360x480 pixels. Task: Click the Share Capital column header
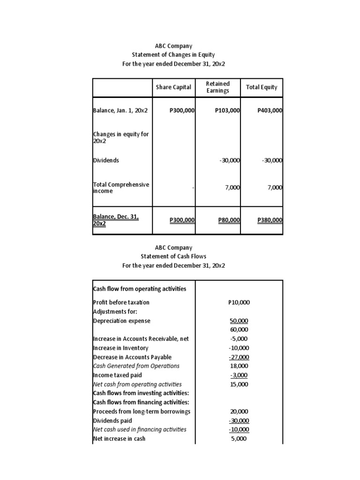pyautogui.click(x=173, y=87)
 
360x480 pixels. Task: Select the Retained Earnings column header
pyautogui.click(x=218, y=87)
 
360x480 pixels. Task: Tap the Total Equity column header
pyautogui.click(x=262, y=87)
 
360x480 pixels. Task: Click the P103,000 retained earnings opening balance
pyautogui.click(x=227, y=111)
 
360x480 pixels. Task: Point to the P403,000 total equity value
pyautogui.click(x=270, y=111)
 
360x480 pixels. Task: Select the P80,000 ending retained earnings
pyautogui.click(x=229, y=220)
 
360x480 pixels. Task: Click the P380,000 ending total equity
pyautogui.click(x=270, y=220)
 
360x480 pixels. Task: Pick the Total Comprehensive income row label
pyautogui.click(x=121, y=187)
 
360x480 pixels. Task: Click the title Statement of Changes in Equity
pyautogui.click(x=173, y=55)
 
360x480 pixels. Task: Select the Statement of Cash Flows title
pyautogui.click(x=173, y=256)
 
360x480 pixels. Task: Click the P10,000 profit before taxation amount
pyautogui.click(x=239, y=302)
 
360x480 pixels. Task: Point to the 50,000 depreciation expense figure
pyautogui.click(x=239, y=321)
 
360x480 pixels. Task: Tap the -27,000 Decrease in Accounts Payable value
pyautogui.click(x=239, y=357)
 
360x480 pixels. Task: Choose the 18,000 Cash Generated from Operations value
pyautogui.click(x=239, y=366)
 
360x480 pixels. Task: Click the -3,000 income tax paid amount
pyautogui.click(x=239, y=375)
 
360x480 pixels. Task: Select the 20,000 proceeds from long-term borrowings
pyautogui.click(x=239, y=412)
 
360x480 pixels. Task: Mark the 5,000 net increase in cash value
pyautogui.click(x=239, y=439)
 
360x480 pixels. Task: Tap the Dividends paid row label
pyautogui.click(x=112, y=420)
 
